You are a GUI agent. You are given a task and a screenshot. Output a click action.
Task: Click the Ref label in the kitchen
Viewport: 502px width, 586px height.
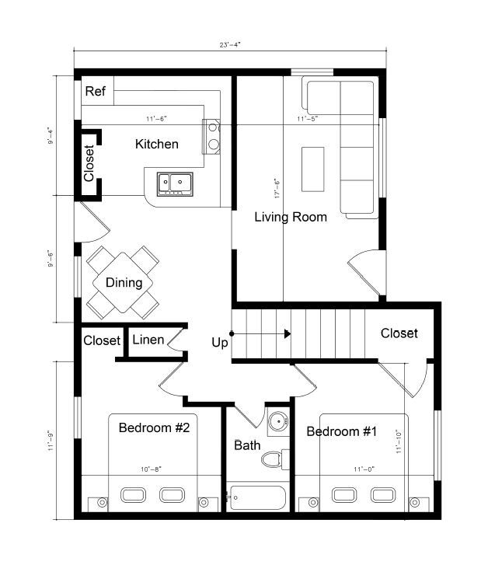tap(96, 92)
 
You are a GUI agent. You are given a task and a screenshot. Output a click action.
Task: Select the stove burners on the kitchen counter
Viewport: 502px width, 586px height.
tap(211, 135)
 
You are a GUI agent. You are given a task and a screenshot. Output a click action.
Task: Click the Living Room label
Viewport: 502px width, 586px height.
tap(291, 217)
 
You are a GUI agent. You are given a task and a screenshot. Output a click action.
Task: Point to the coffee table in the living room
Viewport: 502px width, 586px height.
tap(313, 169)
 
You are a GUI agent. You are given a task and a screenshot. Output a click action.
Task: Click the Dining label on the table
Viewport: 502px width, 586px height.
tap(124, 282)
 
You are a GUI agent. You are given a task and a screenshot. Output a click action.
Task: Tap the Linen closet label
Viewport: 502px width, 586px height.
tap(148, 340)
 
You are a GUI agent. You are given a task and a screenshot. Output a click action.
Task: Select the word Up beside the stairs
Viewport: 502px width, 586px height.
tap(220, 342)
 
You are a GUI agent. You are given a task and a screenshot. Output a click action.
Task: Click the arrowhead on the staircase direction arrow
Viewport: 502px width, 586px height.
tap(287, 334)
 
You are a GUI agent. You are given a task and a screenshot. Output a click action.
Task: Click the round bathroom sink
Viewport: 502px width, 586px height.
tap(277, 422)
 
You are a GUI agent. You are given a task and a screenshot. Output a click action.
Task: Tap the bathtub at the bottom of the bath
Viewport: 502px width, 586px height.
tap(257, 497)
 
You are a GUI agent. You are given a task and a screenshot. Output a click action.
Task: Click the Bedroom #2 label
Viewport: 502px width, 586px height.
tap(154, 427)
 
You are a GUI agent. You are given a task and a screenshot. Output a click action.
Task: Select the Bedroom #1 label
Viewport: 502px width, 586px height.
tap(342, 431)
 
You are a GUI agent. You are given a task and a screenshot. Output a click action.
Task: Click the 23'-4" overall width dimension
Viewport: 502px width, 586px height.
tap(230, 44)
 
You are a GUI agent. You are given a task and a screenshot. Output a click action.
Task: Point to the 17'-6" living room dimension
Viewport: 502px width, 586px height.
tap(276, 187)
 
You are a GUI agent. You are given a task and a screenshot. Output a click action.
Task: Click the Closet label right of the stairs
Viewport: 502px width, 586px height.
tap(399, 333)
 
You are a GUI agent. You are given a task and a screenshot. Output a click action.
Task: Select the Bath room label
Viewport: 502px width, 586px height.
tap(247, 445)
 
